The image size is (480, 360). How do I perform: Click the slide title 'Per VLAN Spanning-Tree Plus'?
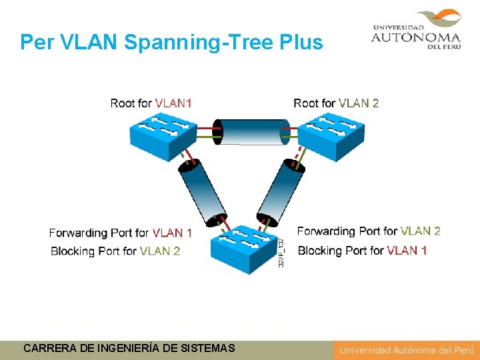point(171,43)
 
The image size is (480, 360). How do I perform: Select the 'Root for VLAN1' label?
point(151,103)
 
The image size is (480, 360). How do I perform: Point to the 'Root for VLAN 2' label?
point(336,103)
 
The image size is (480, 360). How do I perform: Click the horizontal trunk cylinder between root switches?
point(251,132)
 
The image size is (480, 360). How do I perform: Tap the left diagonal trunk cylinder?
point(201,192)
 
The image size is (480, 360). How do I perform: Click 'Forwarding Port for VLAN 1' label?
point(120,233)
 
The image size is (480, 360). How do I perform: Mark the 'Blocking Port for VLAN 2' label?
point(115,251)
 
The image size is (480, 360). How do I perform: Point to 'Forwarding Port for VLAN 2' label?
point(369,231)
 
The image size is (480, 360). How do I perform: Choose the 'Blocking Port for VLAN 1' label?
point(362,251)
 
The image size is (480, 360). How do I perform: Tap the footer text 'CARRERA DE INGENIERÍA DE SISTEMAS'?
point(129,348)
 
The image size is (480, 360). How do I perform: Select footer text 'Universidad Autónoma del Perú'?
point(405,350)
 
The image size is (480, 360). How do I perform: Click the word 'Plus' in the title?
point(301,43)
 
